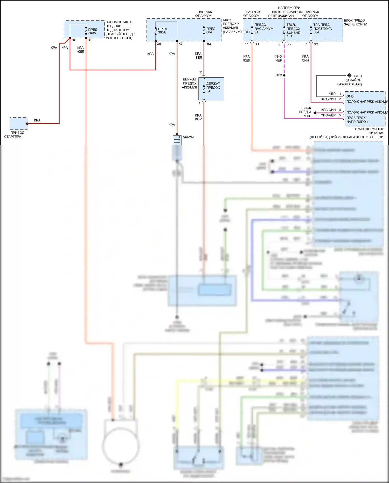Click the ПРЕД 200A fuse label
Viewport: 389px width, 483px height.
click(x=93, y=31)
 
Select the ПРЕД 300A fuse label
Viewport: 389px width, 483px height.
click(x=162, y=31)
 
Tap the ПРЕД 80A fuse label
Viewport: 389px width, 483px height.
click(x=211, y=30)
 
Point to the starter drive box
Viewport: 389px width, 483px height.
click(x=18, y=124)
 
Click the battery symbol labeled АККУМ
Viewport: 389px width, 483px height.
click(x=177, y=140)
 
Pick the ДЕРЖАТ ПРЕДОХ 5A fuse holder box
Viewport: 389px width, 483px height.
click(x=211, y=89)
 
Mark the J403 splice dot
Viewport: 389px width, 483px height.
click(x=284, y=75)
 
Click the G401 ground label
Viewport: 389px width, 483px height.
click(x=358, y=76)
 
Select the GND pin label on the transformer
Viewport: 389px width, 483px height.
click(x=350, y=96)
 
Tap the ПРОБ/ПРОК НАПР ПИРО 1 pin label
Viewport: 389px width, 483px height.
click(x=357, y=120)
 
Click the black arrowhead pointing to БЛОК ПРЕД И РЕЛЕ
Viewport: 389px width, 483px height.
click(x=315, y=113)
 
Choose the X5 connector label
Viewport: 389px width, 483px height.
click(x=90, y=40)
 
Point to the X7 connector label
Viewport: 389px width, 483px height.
click(x=180, y=44)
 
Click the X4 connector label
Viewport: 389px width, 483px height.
click(x=209, y=44)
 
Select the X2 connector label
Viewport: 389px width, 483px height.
click(x=289, y=44)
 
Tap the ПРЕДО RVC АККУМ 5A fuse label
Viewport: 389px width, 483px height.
click(x=263, y=29)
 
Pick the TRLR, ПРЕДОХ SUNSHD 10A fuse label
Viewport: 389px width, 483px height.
click(x=293, y=31)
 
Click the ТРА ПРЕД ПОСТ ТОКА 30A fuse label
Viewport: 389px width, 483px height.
click(x=322, y=29)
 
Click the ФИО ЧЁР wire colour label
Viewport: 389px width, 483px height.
click(x=278, y=58)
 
